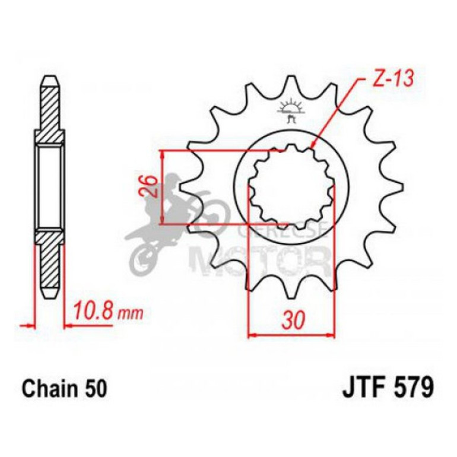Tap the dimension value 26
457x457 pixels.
151,187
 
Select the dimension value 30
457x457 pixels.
291,320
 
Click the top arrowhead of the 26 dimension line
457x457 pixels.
164,153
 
